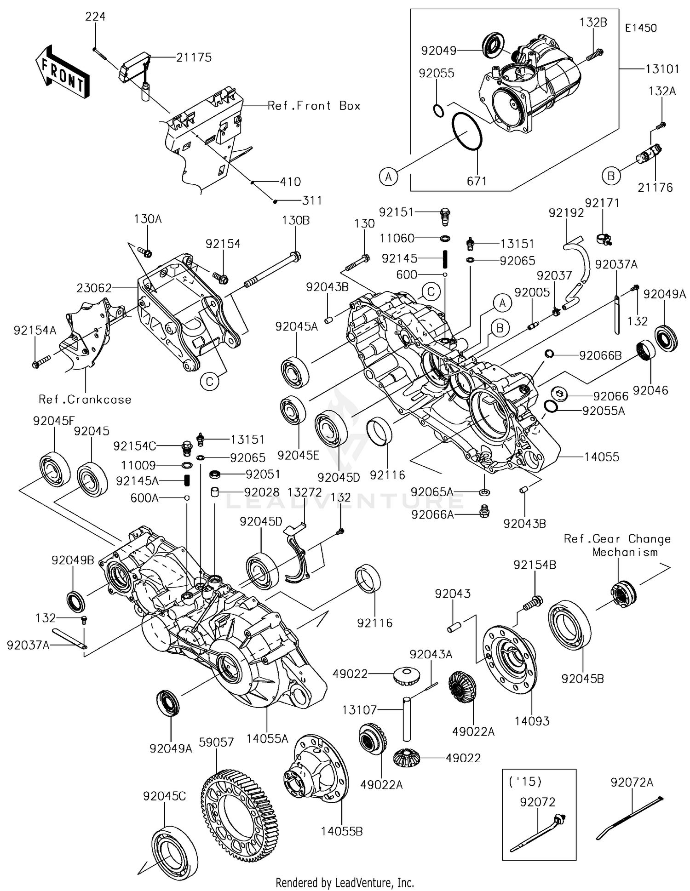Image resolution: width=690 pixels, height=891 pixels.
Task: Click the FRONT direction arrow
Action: coord(62,72)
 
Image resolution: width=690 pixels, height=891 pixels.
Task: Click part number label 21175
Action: coord(194,57)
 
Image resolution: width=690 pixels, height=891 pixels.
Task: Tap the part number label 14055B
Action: coord(342,831)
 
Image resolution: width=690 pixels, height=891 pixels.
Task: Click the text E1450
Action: coord(641,28)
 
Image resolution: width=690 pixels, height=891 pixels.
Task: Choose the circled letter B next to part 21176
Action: coord(611,176)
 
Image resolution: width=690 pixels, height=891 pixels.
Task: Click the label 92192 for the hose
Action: coord(566,212)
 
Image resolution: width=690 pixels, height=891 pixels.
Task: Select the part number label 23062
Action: coord(94,288)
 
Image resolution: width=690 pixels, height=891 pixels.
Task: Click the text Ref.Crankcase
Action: coord(85,400)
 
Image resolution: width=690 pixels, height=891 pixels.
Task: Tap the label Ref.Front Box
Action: coord(314,106)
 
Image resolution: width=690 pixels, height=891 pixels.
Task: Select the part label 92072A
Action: coord(632,782)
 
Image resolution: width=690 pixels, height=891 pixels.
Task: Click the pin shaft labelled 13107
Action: coord(407,720)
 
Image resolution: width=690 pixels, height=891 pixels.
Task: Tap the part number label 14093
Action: coord(532,721)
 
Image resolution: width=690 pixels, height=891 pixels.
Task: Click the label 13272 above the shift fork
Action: coord(305,492)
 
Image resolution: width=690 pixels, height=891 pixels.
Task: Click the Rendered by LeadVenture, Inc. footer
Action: coord(345,882)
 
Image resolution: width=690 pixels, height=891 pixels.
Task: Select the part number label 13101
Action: coord(662,69)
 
